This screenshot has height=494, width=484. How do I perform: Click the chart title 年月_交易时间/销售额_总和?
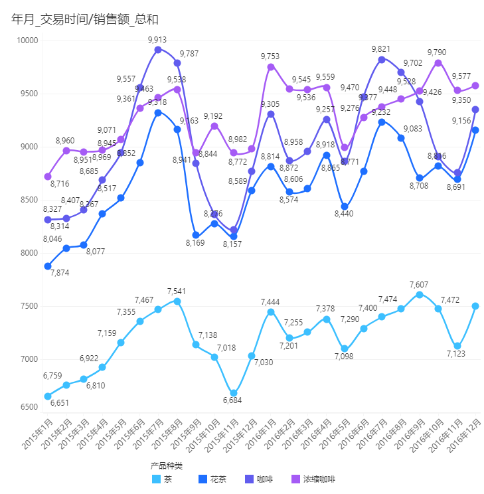click(x=85, y=19)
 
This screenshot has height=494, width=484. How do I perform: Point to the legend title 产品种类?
click(x=166, y=465)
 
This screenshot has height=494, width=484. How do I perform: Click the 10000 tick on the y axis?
click(x=27, y=41)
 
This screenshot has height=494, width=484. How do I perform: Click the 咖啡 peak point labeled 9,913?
click(x=158, y=50)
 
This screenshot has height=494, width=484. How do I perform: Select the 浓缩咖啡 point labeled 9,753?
click(x=271, y=67)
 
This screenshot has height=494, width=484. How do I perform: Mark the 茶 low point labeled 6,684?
click(x=233, y=393)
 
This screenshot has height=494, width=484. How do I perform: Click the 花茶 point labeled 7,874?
click(x=48, y=266)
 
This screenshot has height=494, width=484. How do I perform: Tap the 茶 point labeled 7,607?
click(x=420, y=295)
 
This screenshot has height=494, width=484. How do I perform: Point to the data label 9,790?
click(x=436, y=52)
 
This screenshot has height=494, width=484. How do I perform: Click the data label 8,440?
click(x=344, y=213)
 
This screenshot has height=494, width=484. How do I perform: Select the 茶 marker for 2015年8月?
click(x=177, y=301)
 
